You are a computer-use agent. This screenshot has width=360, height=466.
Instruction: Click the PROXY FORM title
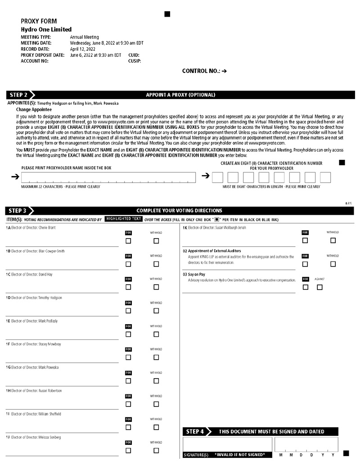pos(39,21)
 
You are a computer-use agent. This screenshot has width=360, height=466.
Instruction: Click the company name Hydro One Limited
pos(46,30)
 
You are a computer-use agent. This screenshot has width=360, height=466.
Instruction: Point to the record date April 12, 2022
pos(82,49)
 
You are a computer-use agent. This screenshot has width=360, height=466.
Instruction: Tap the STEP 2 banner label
pos(18,95)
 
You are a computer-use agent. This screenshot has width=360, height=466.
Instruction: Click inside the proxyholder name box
pos(108,177)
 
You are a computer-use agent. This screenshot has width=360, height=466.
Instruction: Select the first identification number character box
pos(218,177)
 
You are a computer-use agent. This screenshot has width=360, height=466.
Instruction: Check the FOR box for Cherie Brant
pos(128,241)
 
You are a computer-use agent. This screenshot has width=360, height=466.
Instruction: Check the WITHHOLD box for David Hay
pos(156,287)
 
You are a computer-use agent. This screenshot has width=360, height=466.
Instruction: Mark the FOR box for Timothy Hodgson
pos(128,311)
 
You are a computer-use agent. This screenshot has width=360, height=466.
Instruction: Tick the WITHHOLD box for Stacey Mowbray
pos(156,357)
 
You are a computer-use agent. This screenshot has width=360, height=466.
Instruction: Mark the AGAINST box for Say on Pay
pos(319,287)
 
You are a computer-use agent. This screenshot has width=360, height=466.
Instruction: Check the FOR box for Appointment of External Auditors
pos(305,264)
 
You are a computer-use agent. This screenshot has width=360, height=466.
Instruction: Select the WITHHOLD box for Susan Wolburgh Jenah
pos(333,240)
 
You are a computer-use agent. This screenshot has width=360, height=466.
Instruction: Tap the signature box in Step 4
pos(227,444)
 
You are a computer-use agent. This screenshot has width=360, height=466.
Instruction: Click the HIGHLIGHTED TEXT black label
pos(123,219)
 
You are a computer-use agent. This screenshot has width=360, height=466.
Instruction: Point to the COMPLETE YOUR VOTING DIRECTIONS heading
pos(179,210)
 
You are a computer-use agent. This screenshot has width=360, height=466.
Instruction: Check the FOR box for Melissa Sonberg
pos(128,450)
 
